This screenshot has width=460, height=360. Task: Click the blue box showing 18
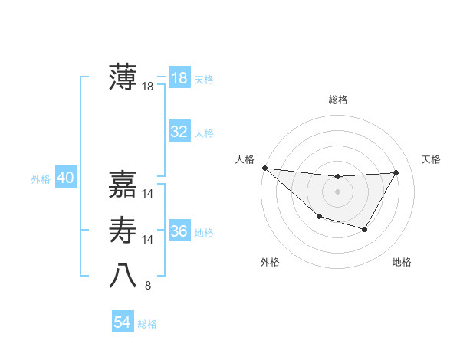point(179,78)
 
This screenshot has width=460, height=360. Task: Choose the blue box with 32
point(179,132)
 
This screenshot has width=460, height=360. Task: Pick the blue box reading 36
point(179,231)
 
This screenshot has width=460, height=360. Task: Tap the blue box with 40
point(65,178)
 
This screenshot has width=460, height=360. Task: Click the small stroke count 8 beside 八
point(148,286)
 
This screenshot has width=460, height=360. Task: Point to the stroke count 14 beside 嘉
point(148,194)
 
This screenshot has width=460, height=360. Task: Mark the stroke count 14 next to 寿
point(148,240)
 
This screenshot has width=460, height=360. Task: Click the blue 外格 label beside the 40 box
point(41,179)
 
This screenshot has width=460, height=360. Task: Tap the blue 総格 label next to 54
point(147,324)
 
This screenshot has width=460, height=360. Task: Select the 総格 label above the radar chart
point(337,100)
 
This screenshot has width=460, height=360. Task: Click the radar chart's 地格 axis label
point(402,263)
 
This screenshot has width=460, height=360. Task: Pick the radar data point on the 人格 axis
point(264,168)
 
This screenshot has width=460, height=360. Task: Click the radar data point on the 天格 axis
point(396,172)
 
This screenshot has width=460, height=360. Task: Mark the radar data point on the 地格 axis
point(365,229)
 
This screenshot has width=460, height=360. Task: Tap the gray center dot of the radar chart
point(337,191)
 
